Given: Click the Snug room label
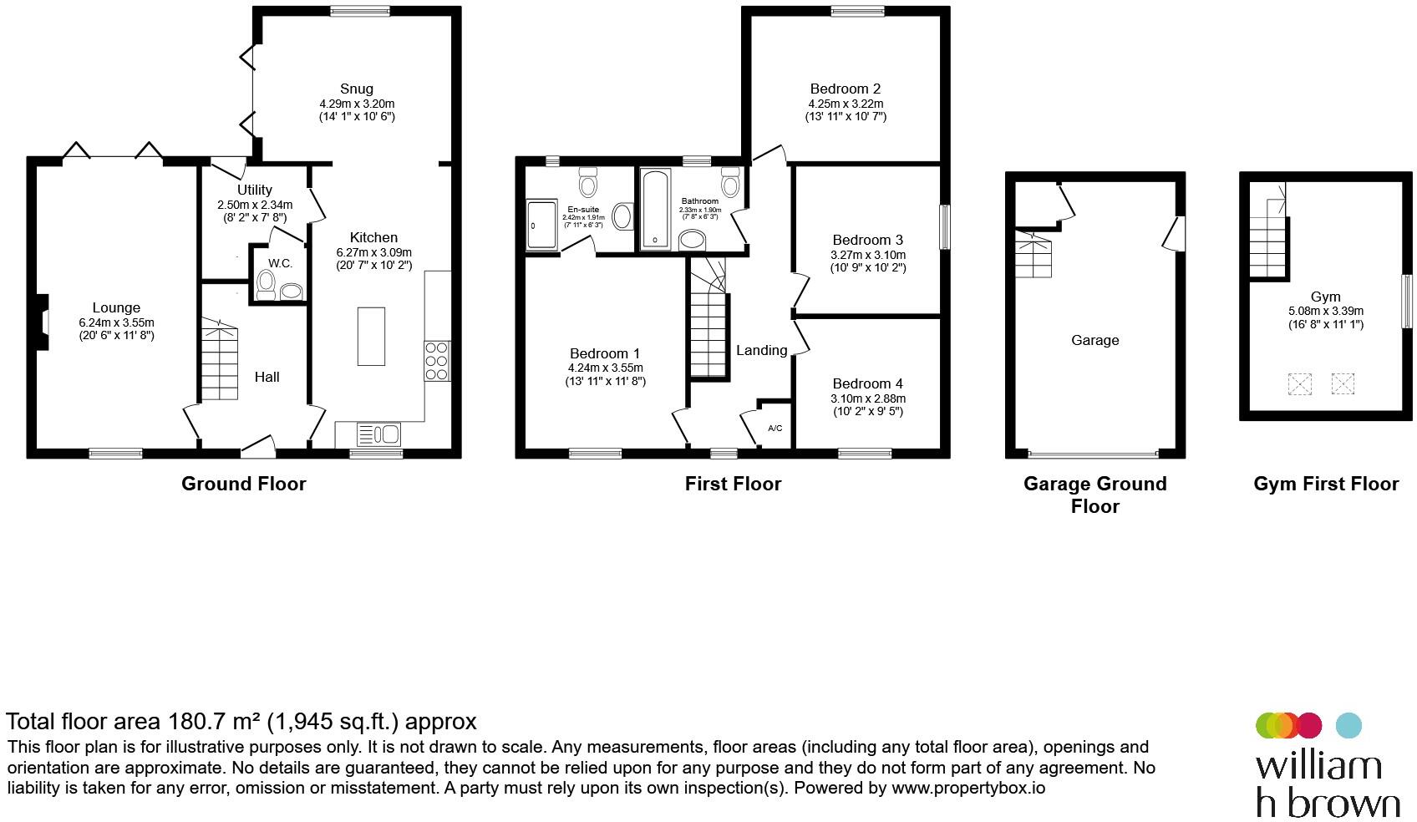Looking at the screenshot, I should click(356, 89).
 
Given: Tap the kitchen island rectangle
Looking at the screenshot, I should click(372, 336).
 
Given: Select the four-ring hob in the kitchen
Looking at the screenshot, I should click(437, 361).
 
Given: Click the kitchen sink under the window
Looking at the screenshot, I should click(378, 434).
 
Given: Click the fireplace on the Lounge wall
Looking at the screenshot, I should click(42, 321).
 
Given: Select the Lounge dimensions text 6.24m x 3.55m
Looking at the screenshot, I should click(116, 322).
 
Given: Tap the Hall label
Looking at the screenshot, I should click(267, 377).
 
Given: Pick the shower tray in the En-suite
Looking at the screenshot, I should click(541, 225).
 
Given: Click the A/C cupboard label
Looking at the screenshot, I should click(775, 429).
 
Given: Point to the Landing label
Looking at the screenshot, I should click(761, 350).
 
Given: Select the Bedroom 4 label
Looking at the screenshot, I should click(867, 383).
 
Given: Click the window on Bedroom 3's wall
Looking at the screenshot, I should click(945, 226).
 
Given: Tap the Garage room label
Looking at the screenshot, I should click(1094, 340).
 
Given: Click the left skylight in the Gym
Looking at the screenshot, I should click(1299, 384).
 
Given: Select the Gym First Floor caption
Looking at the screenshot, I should click(1325, 484).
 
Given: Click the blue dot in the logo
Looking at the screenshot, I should click(1348, 725).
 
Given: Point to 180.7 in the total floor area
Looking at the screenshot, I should click(197, 721).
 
